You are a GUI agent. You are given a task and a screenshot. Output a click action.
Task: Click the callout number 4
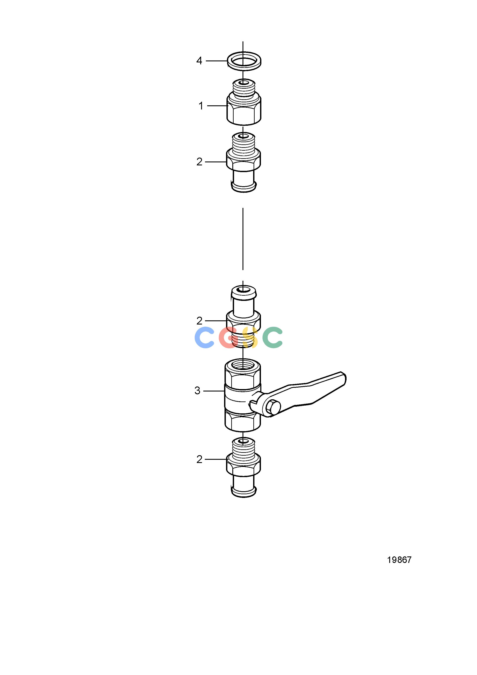[x=199, y=61]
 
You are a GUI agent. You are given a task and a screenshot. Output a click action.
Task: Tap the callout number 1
[x=201, y=106]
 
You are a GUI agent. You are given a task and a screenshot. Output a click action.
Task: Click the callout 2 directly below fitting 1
[x=199, y=162]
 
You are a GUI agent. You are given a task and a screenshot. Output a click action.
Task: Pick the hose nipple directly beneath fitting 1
[x=244, y=162]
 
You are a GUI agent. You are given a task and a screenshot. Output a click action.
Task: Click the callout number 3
[x=197, y=391]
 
